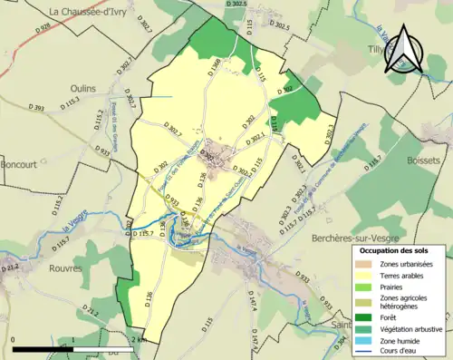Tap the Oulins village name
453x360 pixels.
(x=83, y=88)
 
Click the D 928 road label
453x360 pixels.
(x=43, y=28)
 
